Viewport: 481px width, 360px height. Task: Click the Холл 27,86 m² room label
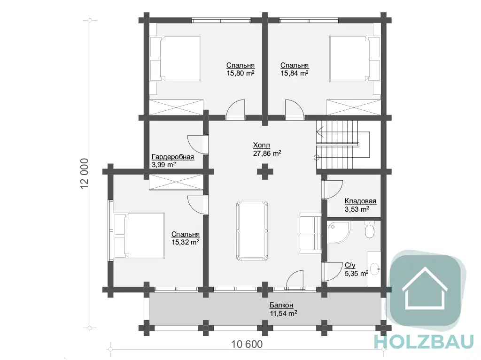click(x=267, y=149)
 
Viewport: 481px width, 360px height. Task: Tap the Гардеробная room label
click(x=173, y=157)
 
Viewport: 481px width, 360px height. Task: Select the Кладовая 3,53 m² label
click(x=360, y=205)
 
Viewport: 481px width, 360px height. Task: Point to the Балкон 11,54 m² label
click(x=283, y=309)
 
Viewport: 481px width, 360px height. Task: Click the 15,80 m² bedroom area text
click(x=240, y=73)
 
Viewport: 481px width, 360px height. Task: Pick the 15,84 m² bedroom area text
click(x=295, y=73)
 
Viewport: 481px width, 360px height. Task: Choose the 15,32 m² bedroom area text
click(x=185, y=242)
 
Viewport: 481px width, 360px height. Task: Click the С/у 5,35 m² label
click(x=357, y=269)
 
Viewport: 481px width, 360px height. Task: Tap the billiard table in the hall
click(x=252, y=230)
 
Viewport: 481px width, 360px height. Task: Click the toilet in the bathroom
click(x=369, y=230)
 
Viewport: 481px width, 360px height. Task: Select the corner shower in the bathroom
click(x=338, y=232)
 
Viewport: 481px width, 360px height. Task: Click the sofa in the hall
click(x=310, y=233)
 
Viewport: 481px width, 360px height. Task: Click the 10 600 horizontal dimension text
click(x=247, y=344)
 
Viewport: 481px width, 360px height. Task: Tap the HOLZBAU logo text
click(x=424, y=342)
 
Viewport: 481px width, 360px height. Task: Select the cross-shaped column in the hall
click(x=265, y=171)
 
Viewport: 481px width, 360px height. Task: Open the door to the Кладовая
click(x=332, y=190)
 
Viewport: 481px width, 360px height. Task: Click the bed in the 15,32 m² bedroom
click(x=139, y=236)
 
